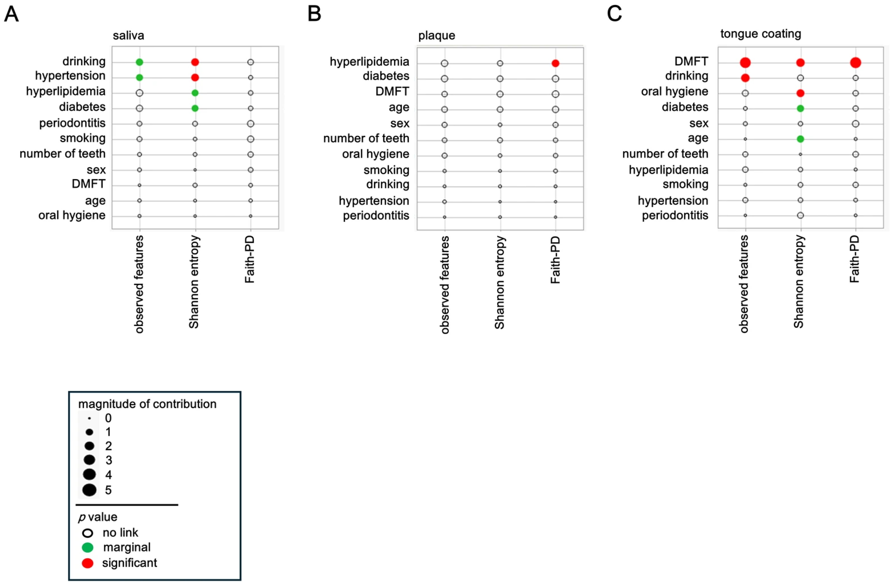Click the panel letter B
pos(314,14)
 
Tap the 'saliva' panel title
pos(128,36)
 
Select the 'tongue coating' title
pos(761,34)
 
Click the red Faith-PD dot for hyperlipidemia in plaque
pos(555,63)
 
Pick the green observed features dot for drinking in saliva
pos(139,62)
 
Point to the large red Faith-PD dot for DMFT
pos(855,63)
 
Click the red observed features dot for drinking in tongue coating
pos(745,78)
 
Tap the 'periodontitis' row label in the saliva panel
pos(72,123)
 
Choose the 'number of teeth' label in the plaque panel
pos(366,138)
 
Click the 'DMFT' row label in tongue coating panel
pos(691,61)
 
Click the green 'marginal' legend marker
pos(87,547)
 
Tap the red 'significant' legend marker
pos(87,563)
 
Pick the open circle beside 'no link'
pos(87,533)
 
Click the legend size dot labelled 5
pos(89,490)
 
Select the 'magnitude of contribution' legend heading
pos(147,404)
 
